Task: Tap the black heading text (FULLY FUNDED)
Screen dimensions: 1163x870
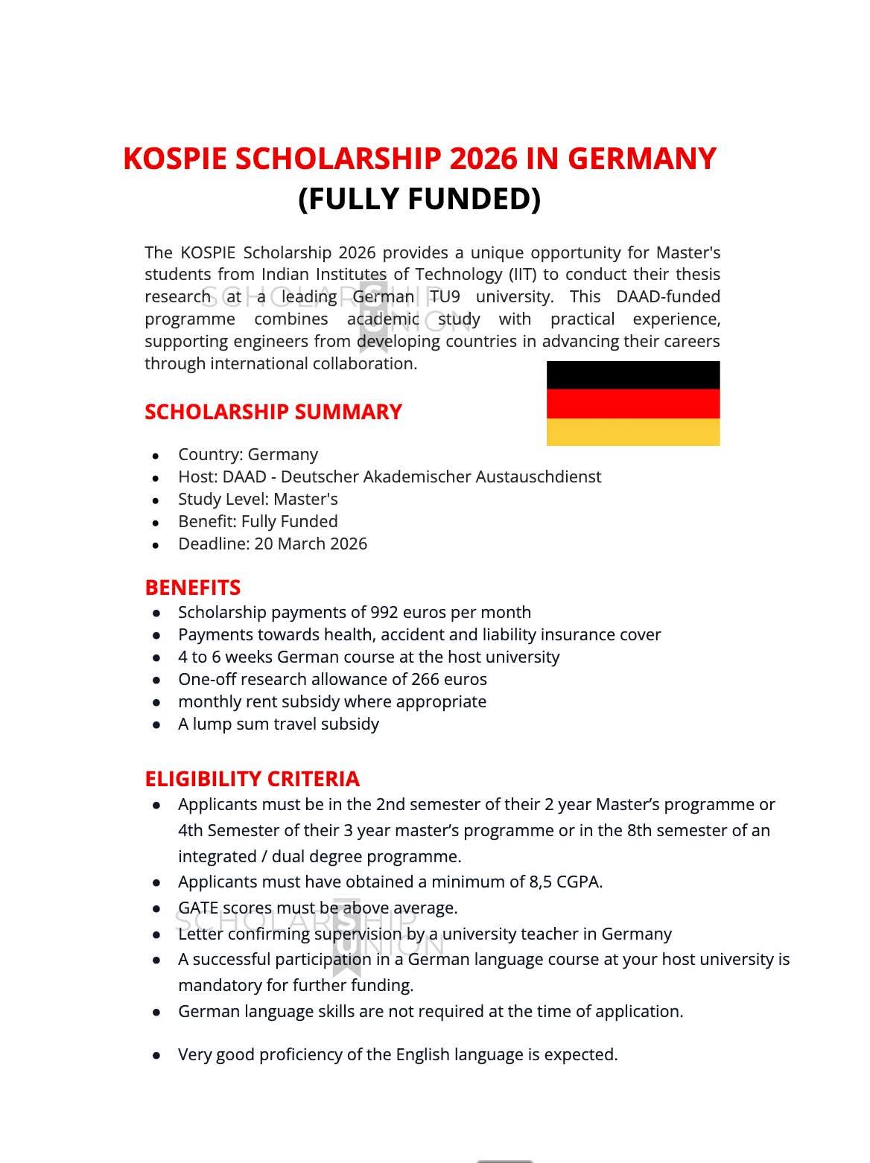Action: [419, 199]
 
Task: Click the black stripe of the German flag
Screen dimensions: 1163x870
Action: [633, 375]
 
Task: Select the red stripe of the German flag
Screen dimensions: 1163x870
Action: [633, 404]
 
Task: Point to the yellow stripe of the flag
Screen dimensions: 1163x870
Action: [633, 432]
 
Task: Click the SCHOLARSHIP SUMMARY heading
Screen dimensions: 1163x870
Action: [273, 412]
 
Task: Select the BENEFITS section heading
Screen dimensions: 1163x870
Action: [192, 587]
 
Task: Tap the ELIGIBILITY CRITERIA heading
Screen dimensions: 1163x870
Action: [252, 779]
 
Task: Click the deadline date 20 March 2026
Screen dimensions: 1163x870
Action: [311, 544]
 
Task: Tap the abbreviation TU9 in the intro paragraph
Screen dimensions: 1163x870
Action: [445, 296]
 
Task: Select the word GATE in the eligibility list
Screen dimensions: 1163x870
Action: [198, 908]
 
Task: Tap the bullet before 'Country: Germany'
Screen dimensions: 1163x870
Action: [156, 456]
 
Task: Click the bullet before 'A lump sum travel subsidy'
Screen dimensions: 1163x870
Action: [156, 725]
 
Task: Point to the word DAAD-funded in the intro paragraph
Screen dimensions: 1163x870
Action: [667, 296]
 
